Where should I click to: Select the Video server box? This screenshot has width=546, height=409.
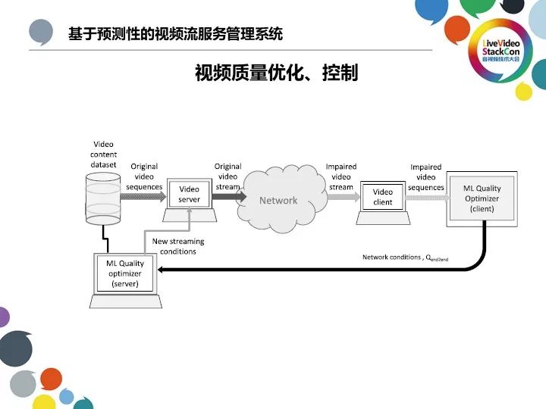(x=190, y=195)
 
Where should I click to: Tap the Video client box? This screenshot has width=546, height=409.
(x=383, y=197)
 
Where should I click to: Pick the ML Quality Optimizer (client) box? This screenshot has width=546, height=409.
(x=482, y=198)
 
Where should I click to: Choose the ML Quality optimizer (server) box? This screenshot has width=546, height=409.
(x=125, y=273)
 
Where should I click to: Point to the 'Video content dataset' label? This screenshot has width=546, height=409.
(x=104, y=154)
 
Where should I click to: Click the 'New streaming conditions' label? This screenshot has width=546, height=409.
(x=178, y=246)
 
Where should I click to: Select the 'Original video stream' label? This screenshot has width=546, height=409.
(x=227, y=176)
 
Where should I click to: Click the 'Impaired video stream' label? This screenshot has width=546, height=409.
(x=341, y=176)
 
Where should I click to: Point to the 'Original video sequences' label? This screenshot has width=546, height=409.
(x=144, y=176)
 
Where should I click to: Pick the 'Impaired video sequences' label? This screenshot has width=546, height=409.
(x=426, y=177)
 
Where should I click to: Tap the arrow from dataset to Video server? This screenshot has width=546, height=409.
(x=144, y=195)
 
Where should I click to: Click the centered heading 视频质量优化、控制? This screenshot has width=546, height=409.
(x=276, y=74)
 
